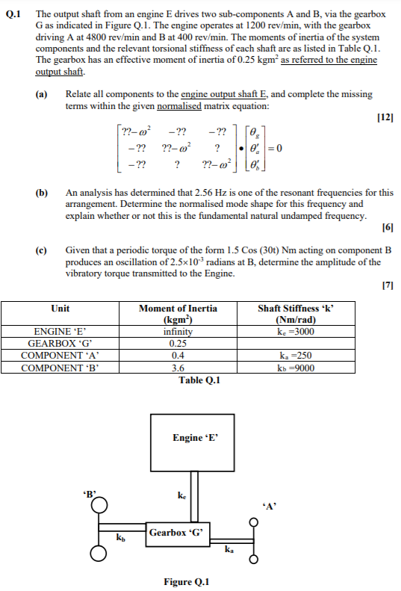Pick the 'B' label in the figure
tap(91, 493)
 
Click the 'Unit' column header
tap(60, 308)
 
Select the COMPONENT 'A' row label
tap(60, 356)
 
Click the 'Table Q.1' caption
tap(200, 380)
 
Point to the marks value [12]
tap(385, 118)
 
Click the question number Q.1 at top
tap(13, 14)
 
